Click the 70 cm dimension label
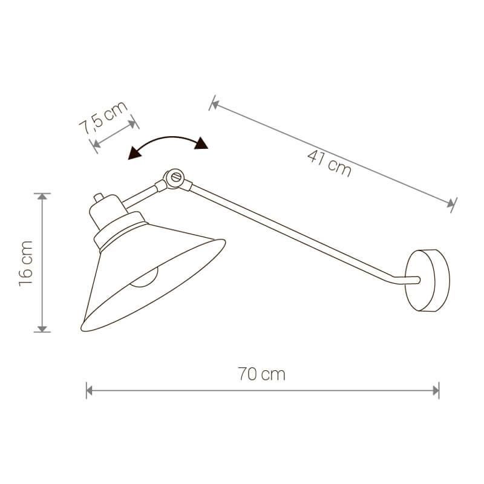pyautogui.click(x=261, y=374)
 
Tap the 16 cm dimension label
pyautogui.click(x=26, y=263)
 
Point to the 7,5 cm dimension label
pyautogui.click(x=103, y=117)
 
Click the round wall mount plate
pyautogui.click(x=427, y=280)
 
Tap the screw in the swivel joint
pyautogui.click(x=176, y=177)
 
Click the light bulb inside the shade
pyautogui.click(x=144, y=278)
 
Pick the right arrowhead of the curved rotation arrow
pyautogui.click(x=201, y=143)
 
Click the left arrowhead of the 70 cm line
pyautogui.click(x=89, y=391)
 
